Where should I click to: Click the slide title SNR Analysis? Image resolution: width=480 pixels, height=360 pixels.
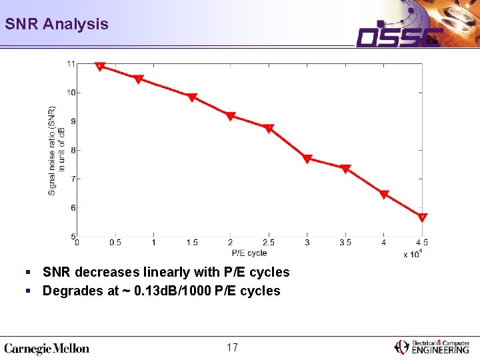(x=57, y=24)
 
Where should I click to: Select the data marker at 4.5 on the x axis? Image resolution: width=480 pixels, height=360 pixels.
(x=422, y=217)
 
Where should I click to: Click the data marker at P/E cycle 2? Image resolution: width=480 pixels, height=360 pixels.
(x=231, y=116)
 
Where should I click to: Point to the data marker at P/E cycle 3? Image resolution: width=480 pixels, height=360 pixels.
(x=307, y=159)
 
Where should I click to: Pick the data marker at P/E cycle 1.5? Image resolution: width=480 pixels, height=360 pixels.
(x=192, y=97)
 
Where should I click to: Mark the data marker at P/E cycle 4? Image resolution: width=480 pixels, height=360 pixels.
(x=384, y=194)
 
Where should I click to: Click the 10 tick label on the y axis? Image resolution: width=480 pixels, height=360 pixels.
(x=71, y=93)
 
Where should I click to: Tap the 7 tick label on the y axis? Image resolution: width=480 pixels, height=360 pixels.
(x=73, y=179)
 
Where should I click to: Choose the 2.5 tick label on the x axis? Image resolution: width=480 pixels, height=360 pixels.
(x=269, y=243)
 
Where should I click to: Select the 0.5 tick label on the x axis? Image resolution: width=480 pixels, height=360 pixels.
(x=115, y=243)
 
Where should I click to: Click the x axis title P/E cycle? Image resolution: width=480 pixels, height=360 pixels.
(x=249, y=253)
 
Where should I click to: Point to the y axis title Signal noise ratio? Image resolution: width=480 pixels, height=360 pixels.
(x=52, y=151)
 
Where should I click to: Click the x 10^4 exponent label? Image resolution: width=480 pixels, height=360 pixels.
(x=413, y=254)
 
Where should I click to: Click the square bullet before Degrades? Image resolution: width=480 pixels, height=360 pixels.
(x=28, y=291)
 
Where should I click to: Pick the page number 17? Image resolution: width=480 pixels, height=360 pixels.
(x=233, y=347)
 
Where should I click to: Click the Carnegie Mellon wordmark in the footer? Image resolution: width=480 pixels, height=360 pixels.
(x=47, y=349)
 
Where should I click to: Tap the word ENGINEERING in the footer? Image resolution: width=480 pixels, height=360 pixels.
(x=440, y=350)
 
